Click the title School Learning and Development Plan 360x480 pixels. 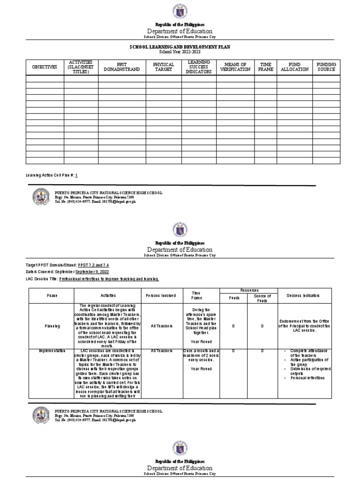[x=180, y=48]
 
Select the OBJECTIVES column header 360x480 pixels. [x=44, y=67]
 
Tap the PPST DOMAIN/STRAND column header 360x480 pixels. [x=122, y=67]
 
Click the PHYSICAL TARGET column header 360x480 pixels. [x=164, y=67]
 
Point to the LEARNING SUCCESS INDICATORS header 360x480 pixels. [x=199, y=67]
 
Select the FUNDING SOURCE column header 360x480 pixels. [x=326, y=67]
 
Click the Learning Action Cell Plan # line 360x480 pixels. [x=52, y=175]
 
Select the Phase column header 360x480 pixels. [x=51, y=296]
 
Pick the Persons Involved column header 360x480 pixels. [x=161, y=296]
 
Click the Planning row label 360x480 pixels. [x=51, y=326]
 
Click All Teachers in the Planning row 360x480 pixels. [x=161, y=326]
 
